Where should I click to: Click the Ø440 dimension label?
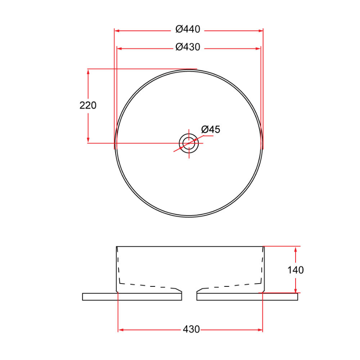click(188, 30)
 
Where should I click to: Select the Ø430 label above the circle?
click(188, 48)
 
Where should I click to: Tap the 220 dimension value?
click(88, 106)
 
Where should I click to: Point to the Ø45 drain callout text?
click(210, 130)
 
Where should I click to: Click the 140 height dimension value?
click(296, 270)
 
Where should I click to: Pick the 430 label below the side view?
click(191, 330)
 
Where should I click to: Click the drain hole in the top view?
click(189, 143)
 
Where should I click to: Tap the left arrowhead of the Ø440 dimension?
click(117, 30)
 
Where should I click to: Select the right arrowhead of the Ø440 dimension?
click(261, 30)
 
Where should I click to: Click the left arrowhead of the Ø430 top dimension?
click(119, 48)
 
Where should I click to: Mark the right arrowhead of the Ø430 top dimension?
click(258, 48)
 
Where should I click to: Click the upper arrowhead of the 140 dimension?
click(296, 249)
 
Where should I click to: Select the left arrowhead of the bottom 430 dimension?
click(121, 330)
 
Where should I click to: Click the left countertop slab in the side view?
click(132, 297)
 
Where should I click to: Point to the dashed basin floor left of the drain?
click(148, 286)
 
